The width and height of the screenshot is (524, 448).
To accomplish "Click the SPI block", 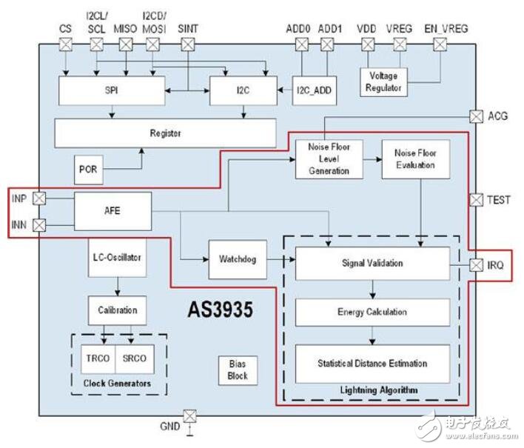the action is click(112, 90).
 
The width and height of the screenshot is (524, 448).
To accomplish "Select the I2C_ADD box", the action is click(314, 90).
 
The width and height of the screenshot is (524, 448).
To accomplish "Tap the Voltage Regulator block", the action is click(383, 82).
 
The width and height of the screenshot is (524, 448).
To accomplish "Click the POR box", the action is click(88, 170).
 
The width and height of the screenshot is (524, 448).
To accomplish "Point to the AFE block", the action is click(112, 211).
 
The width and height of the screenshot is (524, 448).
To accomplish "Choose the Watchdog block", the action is click(238, 259).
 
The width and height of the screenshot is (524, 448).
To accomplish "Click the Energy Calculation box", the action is click(372, 312).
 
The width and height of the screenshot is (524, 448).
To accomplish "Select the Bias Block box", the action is click(238, 370).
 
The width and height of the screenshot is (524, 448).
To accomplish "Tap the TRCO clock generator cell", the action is click(98, 359).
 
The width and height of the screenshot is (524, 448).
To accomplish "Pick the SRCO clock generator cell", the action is click(135, 359).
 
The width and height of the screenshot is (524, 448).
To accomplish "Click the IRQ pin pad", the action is click(476, 265).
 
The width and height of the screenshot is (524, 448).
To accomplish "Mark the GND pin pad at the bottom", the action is click(189, 416).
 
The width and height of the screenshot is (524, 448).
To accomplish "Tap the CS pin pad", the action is click(65, 44).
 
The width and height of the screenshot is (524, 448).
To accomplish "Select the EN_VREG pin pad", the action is click(440, 44).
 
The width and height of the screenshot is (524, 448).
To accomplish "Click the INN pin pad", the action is click(39, 225).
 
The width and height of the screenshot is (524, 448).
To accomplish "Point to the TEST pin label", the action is click(499, 200).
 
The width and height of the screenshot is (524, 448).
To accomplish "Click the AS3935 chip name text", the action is click(221, 310).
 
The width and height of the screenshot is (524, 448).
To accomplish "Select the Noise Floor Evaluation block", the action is click(416, 159).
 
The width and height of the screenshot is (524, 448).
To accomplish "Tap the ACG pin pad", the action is click(476, 116).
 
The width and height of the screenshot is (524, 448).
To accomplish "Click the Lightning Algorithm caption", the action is click(379, 390).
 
